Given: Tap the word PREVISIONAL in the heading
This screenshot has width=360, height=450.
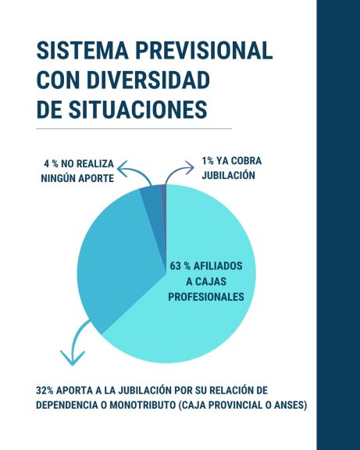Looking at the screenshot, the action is (x=204, y=51).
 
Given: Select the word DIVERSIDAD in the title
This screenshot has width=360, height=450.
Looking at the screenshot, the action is (x=148, y=80).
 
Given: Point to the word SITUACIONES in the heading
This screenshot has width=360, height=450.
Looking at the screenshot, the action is (x=137, y=109).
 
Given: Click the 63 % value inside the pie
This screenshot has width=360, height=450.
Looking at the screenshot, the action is (x=180, y=266).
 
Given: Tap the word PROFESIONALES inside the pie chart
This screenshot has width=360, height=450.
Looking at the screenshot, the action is (x=206, y=297).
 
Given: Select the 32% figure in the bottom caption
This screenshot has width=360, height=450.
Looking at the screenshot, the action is (x=45, y=391).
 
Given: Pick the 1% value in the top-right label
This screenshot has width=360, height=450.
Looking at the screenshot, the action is (x=208, y=161).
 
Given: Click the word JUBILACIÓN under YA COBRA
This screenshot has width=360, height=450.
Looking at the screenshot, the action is (x=228, y=175).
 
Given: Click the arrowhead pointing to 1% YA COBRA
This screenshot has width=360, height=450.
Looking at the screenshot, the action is (x=190, y=168).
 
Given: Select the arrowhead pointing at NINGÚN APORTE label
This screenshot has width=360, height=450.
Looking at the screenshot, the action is (x=123, y=169).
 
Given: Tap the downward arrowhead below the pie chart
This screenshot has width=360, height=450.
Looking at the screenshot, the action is (x=73, y=358).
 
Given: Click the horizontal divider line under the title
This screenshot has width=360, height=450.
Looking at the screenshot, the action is (x=134, y=129).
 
